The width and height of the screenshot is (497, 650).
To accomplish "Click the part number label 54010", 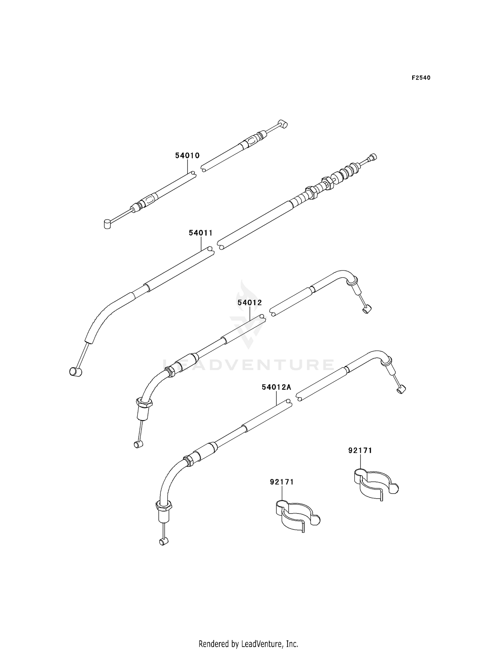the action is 188,156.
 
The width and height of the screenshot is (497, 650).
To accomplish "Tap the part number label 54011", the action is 200,233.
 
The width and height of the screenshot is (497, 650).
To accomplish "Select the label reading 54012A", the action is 276,387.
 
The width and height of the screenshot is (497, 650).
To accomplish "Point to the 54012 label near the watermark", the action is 249,302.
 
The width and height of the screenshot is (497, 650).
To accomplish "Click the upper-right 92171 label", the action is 360,451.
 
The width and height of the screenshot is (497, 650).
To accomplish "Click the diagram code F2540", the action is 421,78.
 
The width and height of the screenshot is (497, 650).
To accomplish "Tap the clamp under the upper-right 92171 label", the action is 374,485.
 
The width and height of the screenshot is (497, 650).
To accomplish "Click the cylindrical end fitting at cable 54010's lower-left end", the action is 107,224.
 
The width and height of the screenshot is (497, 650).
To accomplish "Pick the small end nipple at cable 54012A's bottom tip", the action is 163,542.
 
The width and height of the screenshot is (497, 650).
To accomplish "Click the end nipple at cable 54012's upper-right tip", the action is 367,310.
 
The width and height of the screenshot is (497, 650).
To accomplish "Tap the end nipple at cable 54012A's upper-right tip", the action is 401,390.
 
